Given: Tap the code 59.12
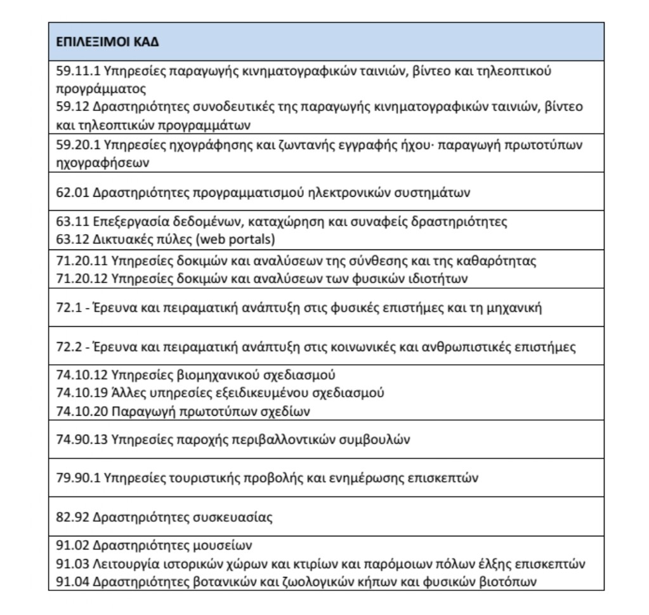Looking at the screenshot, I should pos(69,105).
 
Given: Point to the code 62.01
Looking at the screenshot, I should pos(69,192).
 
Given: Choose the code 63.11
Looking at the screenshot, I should pos(69,222).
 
